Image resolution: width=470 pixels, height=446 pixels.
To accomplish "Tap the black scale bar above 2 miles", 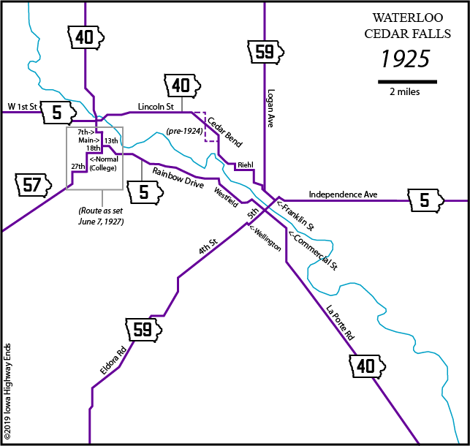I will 407,80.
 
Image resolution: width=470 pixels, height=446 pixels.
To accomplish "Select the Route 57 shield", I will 32,185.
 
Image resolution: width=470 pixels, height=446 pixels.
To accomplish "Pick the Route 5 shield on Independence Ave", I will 425,200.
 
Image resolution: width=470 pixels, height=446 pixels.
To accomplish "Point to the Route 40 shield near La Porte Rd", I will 366,366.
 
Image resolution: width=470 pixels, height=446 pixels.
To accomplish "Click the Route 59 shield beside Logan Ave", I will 264,52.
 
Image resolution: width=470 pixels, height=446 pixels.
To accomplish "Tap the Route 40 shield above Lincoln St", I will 181,86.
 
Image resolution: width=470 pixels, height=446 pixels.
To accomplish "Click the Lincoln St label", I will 155,107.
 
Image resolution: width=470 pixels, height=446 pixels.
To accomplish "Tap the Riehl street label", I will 244,166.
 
